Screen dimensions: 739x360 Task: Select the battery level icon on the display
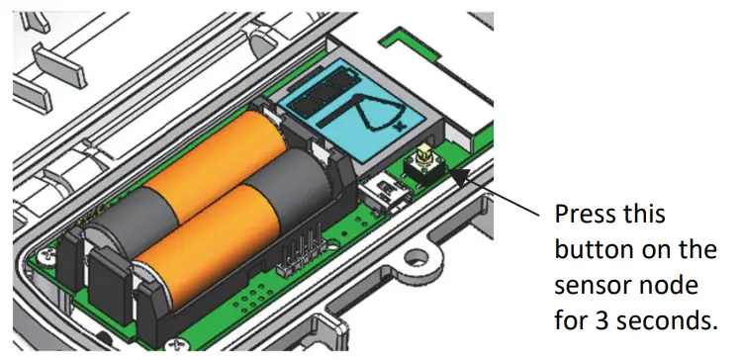coord(321,93)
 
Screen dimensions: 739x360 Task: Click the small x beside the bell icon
coord(401,127)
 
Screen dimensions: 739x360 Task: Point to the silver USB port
coord(383,192)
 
